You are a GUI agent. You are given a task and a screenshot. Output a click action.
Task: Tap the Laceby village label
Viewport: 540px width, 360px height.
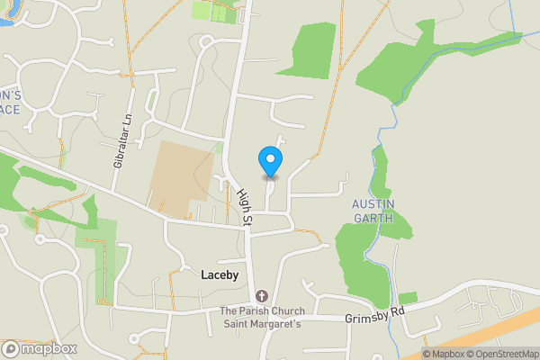tap(219, 275)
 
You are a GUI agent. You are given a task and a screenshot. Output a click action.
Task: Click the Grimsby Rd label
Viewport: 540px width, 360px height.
tap(374, 319)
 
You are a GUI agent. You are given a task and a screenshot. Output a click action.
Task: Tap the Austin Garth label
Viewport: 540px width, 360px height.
tap(372, 210)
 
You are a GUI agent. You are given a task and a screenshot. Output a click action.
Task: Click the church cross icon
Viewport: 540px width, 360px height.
tap(262, 296)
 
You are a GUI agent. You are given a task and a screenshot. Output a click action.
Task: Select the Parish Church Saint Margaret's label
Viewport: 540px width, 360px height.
tap(262, 318)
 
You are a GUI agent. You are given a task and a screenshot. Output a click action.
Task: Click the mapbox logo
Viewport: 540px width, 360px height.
tap(40, 348)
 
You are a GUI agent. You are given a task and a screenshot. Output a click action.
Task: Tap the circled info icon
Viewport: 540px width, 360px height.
tap(415, 354)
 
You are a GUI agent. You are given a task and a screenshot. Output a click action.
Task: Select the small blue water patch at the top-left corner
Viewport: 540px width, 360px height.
tap(4, 13)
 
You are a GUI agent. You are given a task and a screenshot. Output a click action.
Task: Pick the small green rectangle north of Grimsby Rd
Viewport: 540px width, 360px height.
tap(408, 298)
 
